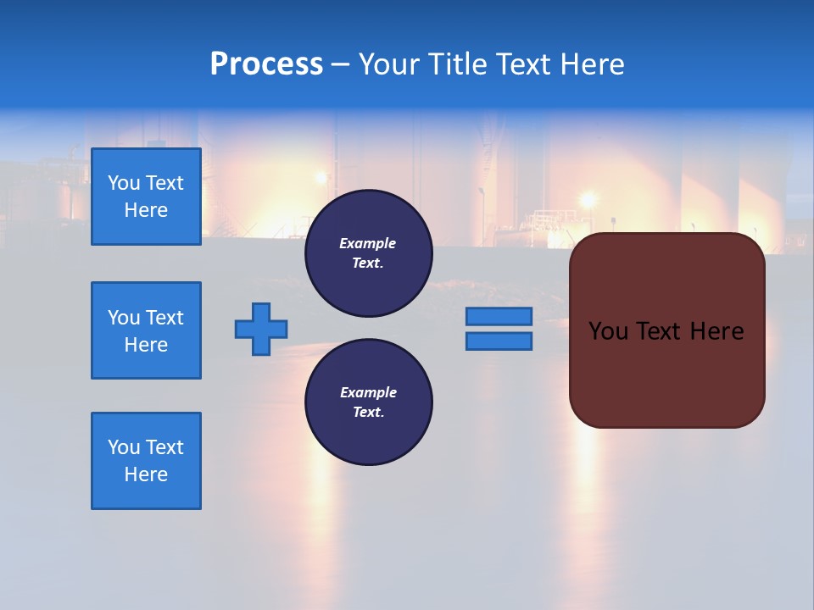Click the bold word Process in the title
pos(266,64)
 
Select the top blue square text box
pos(146,197)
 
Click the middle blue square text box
pos(146,330)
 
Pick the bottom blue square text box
pos(146,461)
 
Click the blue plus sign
pos(261,329)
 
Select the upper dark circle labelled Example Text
pos(368,253)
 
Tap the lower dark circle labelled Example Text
pos(368,402)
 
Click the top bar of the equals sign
pos(499,316)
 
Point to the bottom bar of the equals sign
pos(499,341)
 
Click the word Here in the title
pos(592,64)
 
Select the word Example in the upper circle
pos(368,243)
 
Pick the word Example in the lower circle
pos(368,392)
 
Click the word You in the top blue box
pos(124,183)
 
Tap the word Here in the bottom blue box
pos(146,474)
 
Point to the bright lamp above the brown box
pos(587,200)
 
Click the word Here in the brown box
pos(716,331)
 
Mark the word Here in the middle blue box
pos(146,345)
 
